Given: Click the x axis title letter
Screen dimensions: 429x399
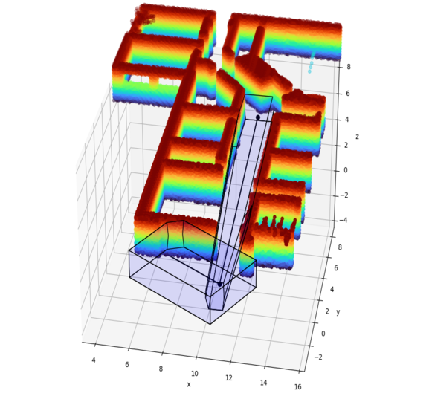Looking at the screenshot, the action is point(189,384).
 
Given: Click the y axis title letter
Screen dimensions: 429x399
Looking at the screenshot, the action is point(338,312).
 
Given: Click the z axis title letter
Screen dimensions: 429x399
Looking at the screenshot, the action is point(357,137).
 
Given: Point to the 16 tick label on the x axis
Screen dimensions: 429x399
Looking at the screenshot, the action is point(297,386).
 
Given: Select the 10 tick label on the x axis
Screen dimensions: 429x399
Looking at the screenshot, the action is point(195,373).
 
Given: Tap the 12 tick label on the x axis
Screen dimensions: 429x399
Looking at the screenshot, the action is point(229,377).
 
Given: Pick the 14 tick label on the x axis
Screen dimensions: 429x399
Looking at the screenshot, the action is point(263,383).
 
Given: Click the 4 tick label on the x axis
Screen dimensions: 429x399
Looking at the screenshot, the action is point(94,360).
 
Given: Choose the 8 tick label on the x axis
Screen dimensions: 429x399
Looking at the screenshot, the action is point(161,369).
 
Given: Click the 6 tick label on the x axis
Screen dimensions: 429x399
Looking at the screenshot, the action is point(127,364).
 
